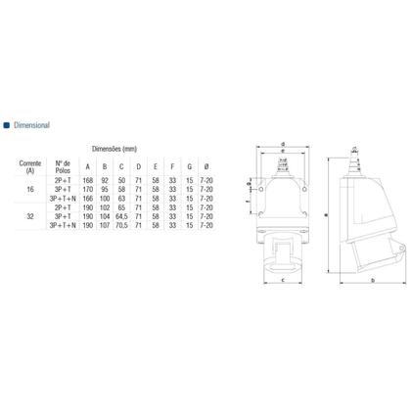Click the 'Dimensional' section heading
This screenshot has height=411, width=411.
coord(40,124)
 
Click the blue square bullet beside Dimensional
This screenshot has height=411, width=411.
coord(9,124)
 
